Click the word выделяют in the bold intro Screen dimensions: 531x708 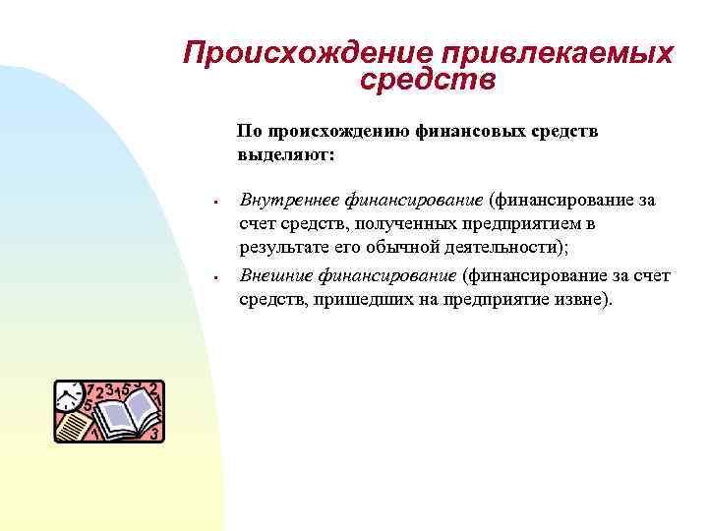283,154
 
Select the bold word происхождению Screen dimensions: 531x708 326,131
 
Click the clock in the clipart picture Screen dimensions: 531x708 68,397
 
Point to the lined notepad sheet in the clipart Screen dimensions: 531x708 73,426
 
